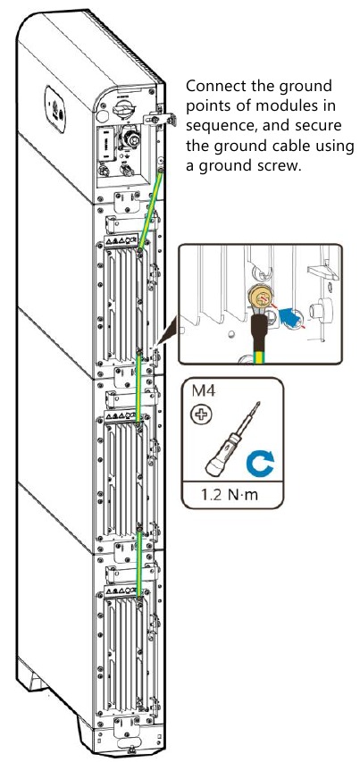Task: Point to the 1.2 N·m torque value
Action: pyautogui.click(x=232, y=493)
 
